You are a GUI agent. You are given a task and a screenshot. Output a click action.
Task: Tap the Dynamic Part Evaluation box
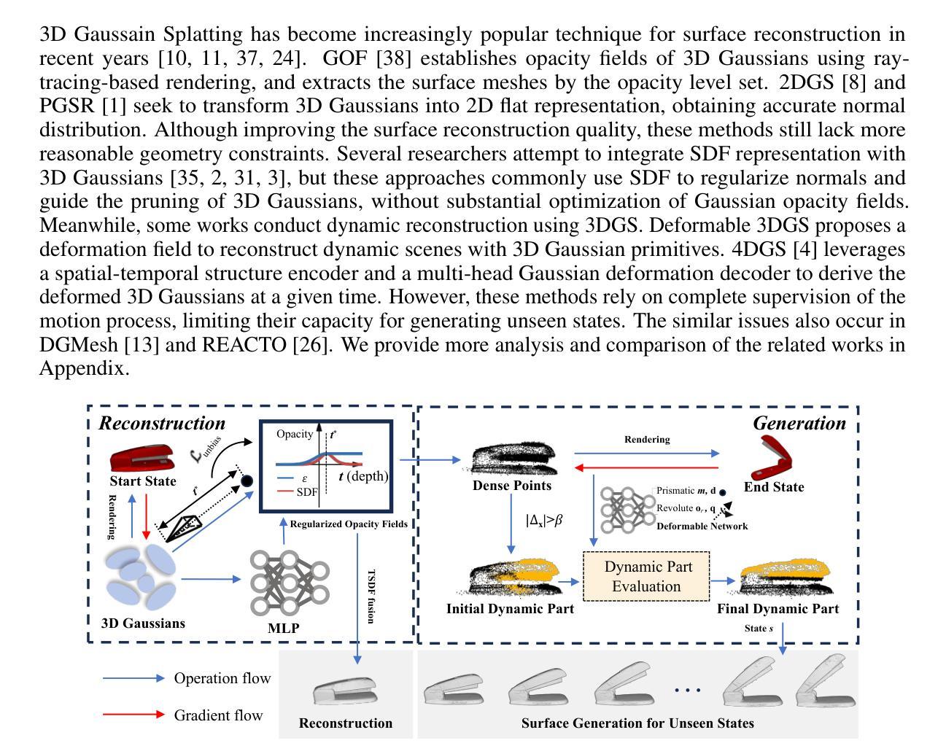[646, 576]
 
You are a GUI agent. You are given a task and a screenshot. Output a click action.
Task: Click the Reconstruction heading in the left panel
[162, 423]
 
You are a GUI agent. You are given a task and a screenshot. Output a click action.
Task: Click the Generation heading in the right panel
[799, 423]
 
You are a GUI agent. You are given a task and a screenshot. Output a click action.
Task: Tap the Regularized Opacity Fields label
[349, 524]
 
